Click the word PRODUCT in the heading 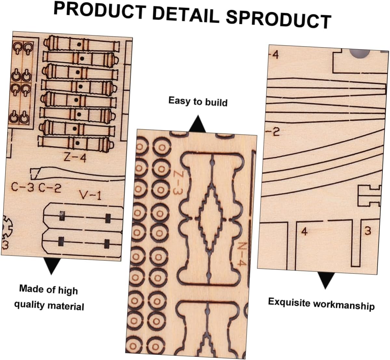pyautogui.click(x=99, y=12)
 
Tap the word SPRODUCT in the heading pyautogui.click(x=278, y=19)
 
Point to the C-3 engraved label pyautogui.click(x=22, y=187)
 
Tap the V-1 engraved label pyautogui.click(x=90, y=195)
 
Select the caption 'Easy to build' pyautogui.click(x=198, y=101)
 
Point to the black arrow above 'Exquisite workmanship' pyautogui.click(x=326, y=280)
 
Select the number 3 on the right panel pyautogui.click(x=368, y=231)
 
